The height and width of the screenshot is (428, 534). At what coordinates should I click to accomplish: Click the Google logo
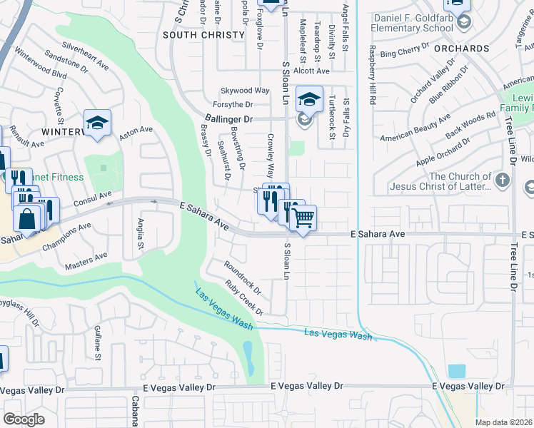(x=24, y=419)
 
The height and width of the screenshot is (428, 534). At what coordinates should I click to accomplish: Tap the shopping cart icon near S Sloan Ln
(x=303, y=218)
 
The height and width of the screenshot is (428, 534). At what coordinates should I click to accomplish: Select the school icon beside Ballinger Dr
(x=309, y=99)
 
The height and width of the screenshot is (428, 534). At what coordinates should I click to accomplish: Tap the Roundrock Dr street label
(x=243, y=277)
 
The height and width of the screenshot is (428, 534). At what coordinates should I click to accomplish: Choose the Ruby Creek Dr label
(x=244, y=297)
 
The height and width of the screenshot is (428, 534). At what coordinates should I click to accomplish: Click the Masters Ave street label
(x=85, y=260)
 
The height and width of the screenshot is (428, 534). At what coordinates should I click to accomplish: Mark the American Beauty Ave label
(x=415, y=128)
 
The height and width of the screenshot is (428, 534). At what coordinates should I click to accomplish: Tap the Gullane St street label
(x=97, y=342)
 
